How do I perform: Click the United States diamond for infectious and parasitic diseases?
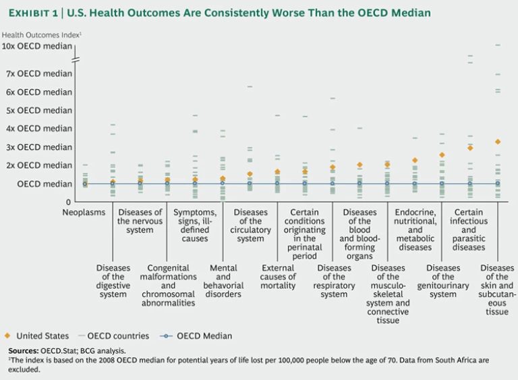tap(470, 148)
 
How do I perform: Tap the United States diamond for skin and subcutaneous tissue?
tap(498, 142)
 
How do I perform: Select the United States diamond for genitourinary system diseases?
tap(442, 155)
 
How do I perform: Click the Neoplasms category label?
tap(84, 212)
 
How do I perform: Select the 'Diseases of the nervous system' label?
tap(140, 221)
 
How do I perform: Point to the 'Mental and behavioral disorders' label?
tap(223, 281)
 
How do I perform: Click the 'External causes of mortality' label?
tap(279, 277)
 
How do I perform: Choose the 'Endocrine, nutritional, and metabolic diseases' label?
tap(415, 230)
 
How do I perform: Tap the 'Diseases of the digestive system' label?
tap(113, 281)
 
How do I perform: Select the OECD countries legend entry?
tap(112, 336)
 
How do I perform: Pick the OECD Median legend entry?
tap(196, 336)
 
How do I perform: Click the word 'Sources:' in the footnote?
tap(25, 351)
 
